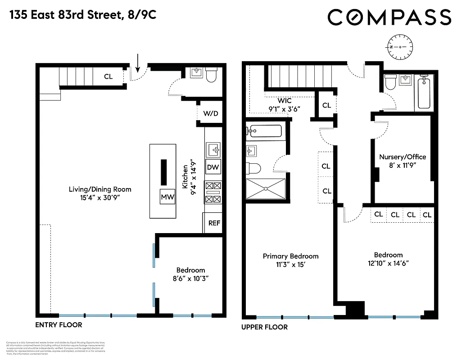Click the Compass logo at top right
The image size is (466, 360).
(389, 18)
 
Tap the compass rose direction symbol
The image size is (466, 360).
(398, 47)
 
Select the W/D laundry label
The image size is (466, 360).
(210, 113)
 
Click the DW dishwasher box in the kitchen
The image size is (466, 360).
(213, 167)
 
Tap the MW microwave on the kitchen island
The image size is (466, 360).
(167, 197)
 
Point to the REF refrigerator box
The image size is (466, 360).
(213, 223)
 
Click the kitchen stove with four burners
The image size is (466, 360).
(213, 192)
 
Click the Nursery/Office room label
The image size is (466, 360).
(402, 157)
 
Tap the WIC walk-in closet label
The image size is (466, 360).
(284, 100)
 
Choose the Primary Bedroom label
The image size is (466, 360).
(290, 256)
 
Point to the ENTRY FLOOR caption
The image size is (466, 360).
(59, 324)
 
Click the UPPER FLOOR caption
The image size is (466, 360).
(265, 327)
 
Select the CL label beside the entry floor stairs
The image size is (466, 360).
(108, 76)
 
